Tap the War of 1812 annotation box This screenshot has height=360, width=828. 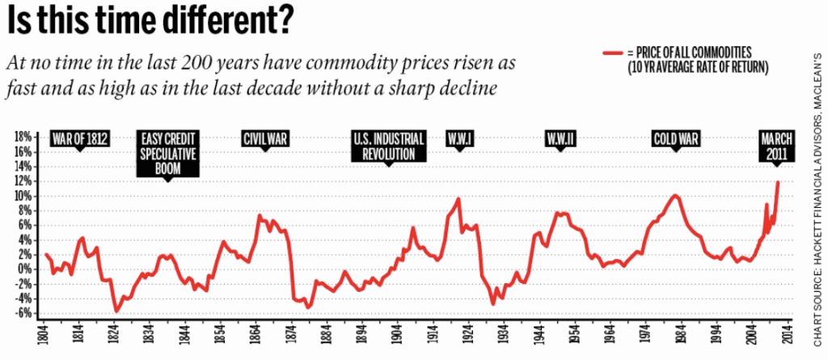tap(80, 138)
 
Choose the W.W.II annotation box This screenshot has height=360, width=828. tap(560, 138)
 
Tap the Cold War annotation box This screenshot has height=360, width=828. tap(675, 138)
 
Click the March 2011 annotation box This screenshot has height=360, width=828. tap(777, 145)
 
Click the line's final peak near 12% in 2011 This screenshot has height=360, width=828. tap(778, 182)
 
